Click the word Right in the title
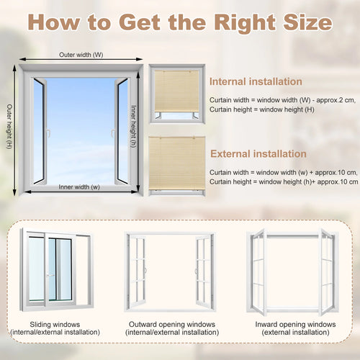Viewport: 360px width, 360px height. tap(245, 23)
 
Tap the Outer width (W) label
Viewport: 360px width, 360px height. tap(81, 55)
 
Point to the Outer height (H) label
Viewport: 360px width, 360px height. tap(9, 126)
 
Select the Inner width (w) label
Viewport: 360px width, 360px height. tap(79, 187)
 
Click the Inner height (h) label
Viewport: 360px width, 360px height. tap(133, 126)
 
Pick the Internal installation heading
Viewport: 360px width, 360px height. tap(256, 81)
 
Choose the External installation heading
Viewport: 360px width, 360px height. tap(258, 154)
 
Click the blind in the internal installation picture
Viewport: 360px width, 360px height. tap(176, 91)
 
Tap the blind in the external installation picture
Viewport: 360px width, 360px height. tap(177, 163)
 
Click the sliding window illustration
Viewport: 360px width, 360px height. tap(56, 269)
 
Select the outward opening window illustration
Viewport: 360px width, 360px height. tap(170, 272)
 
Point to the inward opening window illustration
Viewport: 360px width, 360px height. tap(292, 272)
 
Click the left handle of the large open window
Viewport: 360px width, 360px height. tap(49, 133)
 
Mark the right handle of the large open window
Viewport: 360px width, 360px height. tap(112, 133)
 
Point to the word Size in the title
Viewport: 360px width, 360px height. tap(308, 23)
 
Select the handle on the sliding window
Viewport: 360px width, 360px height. tap(50, 275)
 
